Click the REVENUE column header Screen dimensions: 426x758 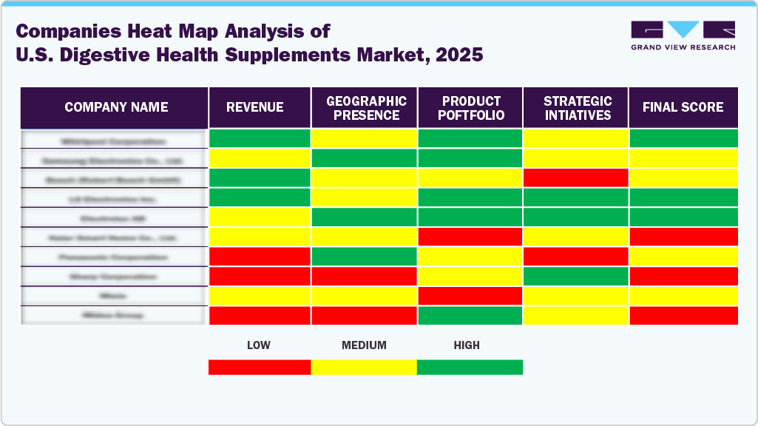[254, 107]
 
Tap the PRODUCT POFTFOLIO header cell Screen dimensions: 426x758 [471, 107]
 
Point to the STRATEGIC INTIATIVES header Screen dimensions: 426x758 [577, 107]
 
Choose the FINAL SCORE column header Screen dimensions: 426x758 [683, 107]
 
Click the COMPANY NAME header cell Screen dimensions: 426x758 [116, 107]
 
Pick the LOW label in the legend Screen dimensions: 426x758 [258, 345]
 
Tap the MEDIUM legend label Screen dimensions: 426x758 [364, 345]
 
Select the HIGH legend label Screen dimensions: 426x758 [467, 345]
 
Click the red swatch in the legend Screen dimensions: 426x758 [259, 368]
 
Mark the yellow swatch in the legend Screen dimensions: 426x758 [364, 368]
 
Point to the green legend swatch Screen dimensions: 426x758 [470, 368]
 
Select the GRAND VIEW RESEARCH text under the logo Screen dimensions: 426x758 [683, 47]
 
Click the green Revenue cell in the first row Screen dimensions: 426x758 [260, 138]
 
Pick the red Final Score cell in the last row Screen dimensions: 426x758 [683, 316]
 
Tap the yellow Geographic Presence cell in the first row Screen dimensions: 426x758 [364, 138]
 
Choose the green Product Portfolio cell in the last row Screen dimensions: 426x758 [470, 316]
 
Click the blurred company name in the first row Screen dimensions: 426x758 [113, 140]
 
